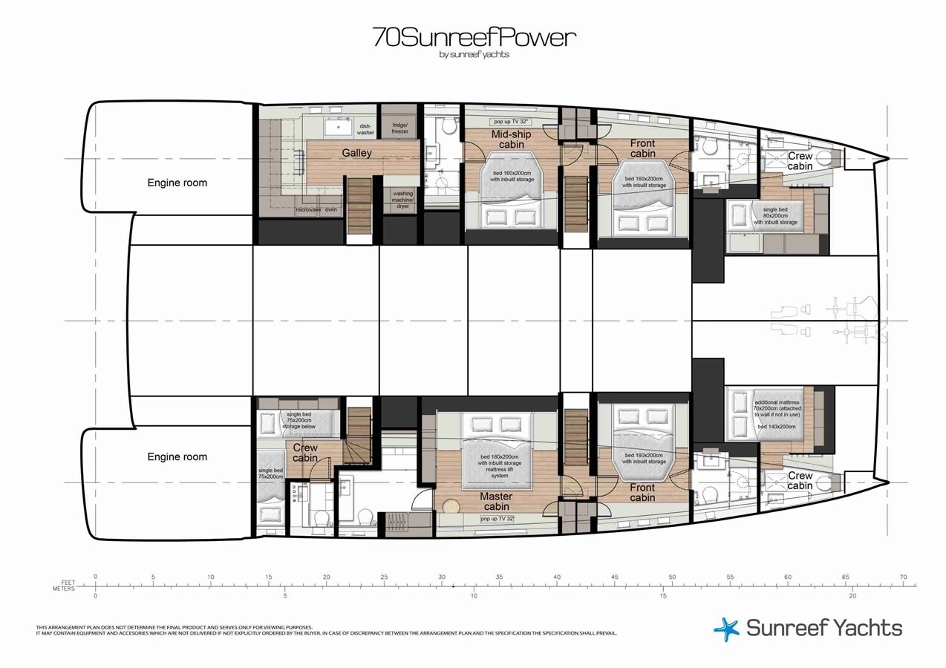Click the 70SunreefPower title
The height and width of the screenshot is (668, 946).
point(473,37)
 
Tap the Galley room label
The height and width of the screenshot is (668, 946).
point(356,153)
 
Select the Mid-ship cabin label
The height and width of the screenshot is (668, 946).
point(511,140)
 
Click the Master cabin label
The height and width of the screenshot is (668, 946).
point(496,502)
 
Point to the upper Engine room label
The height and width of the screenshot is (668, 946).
point(177,183)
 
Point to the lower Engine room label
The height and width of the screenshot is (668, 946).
point(177,457)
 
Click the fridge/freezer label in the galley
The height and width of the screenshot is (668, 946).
point(399,128)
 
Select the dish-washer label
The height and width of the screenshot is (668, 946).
point(366,129)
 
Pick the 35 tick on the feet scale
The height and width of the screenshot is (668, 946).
point(499,577)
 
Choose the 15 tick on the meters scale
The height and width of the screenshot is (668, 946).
point(663,595)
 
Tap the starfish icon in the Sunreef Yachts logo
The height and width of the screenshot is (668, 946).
point(726,629)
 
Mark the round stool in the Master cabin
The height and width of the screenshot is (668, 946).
point(451,506)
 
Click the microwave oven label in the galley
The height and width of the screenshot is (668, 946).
point(316,210)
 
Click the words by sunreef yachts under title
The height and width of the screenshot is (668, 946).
point(474,54)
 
